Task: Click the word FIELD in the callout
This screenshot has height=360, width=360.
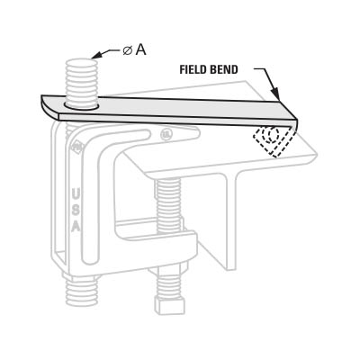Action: tap(193, 69)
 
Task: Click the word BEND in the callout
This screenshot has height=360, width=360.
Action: tap(225, 69)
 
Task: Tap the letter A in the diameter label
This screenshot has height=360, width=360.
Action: tap(140, 50)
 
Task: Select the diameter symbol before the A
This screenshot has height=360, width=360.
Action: tap(127, 51)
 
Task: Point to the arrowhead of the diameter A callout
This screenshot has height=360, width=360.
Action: tap(96, 55)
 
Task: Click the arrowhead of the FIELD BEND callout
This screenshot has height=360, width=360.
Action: tap(276, 94)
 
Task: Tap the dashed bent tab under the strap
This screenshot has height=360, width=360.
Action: tap(273, 140)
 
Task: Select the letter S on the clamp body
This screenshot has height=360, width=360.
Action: tap(76, 210)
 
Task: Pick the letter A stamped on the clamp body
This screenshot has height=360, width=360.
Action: tap(76, 226)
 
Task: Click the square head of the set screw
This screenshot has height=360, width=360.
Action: tap(168, 304)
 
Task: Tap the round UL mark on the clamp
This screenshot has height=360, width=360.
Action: tap(166, 134)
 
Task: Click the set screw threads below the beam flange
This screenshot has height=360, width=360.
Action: tap(169, 205)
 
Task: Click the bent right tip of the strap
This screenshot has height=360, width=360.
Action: tap(293, 123)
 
